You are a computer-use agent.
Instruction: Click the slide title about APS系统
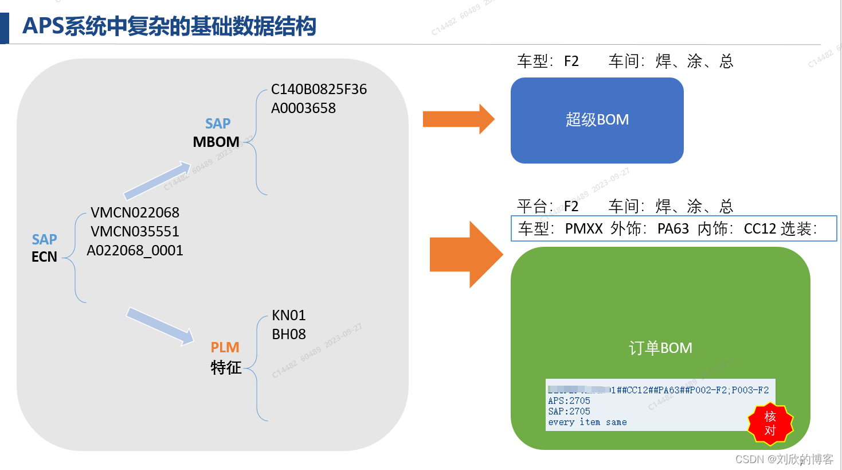pos(169,26)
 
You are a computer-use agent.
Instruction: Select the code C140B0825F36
pos(319,90)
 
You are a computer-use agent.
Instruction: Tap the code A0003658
pos(303,108)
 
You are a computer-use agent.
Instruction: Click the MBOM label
pos(216,142)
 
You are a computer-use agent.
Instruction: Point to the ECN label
pos(44,257)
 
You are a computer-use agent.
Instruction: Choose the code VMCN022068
pos(135,213)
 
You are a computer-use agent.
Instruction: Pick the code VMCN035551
pos(135,232)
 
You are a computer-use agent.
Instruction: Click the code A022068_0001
pos(135,251)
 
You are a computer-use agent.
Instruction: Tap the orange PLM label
pos(225,347)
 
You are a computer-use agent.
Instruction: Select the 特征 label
pos(226,367)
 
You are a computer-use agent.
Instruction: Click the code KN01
pos(289,316)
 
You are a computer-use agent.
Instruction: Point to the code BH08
pos(289,335)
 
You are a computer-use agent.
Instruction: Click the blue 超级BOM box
pos(597,120)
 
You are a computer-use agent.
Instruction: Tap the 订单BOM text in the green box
pos(660,348)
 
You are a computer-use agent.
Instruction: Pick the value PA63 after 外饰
pos(673,229)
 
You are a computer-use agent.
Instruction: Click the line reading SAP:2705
pos(569,411)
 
